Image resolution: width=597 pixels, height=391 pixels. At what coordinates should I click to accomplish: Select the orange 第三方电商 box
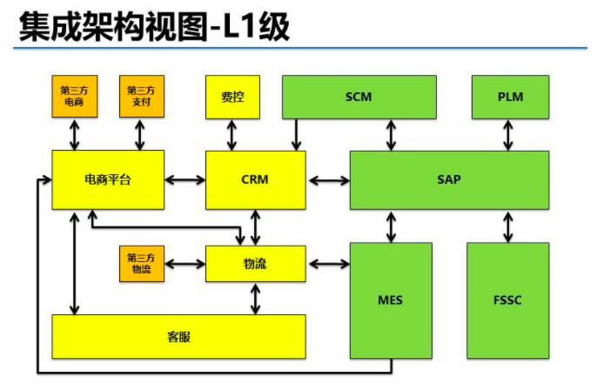coord(74,97)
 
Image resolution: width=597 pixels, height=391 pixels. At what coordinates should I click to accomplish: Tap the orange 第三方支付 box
coord(141,97)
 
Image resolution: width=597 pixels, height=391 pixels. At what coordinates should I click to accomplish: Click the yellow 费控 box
coord(232,97)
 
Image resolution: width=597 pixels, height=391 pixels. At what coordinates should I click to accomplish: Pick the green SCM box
coord(359,97)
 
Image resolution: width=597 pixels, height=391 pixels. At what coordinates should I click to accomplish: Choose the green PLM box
coord(510,97)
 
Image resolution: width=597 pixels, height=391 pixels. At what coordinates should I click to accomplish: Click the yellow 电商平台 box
coord(108,179)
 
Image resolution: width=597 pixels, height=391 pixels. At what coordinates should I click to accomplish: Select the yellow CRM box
coord(256,179)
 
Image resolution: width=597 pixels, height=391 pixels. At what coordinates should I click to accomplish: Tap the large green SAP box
coord(449,179)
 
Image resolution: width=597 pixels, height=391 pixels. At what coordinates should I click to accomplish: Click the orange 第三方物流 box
coord(141,264)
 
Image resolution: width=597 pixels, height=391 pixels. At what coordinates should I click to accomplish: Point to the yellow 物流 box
coord(256,264)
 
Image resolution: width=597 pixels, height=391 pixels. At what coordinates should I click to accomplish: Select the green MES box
coord(391,300)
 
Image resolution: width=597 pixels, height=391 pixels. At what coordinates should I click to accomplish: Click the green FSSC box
coord(507,300)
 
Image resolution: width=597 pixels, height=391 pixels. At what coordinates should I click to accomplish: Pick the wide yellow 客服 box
coord(178,336)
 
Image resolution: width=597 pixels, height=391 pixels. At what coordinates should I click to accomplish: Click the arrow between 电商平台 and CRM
coord(184,180)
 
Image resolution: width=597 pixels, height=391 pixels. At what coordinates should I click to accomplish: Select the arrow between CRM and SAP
coord(328,180)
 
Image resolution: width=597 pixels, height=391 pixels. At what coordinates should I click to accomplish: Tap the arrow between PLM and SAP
coord(510,134)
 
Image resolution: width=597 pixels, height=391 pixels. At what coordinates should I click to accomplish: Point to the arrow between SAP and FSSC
coord(508,226)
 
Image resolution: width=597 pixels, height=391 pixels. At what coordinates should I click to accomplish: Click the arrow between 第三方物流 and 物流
coord(184,263)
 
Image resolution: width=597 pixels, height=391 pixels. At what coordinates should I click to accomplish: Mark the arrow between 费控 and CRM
coord(232,134)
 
